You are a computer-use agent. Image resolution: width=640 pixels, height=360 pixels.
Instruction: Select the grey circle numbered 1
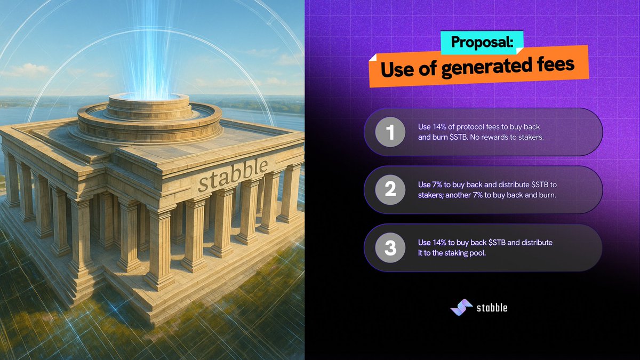click(x=390, y=132)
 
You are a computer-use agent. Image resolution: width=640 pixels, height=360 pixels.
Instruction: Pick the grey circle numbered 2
click(x=390, y=190)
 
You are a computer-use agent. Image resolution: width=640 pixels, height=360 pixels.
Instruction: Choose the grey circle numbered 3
click(x=390, y=247)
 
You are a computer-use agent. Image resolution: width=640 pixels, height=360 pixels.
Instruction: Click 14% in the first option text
click(x=439, y=126)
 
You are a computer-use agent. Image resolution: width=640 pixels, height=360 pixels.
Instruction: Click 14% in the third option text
click(x=439, y=243)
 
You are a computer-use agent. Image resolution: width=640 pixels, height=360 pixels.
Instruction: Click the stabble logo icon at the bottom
click(x=461, y=307)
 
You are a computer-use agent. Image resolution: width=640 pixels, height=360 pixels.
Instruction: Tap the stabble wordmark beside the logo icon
click(x=492, y=308)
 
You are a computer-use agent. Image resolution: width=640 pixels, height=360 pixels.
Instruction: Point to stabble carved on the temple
click(x=233, y=174)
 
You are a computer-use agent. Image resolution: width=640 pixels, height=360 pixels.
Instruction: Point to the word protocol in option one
click(x=470, y=127)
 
